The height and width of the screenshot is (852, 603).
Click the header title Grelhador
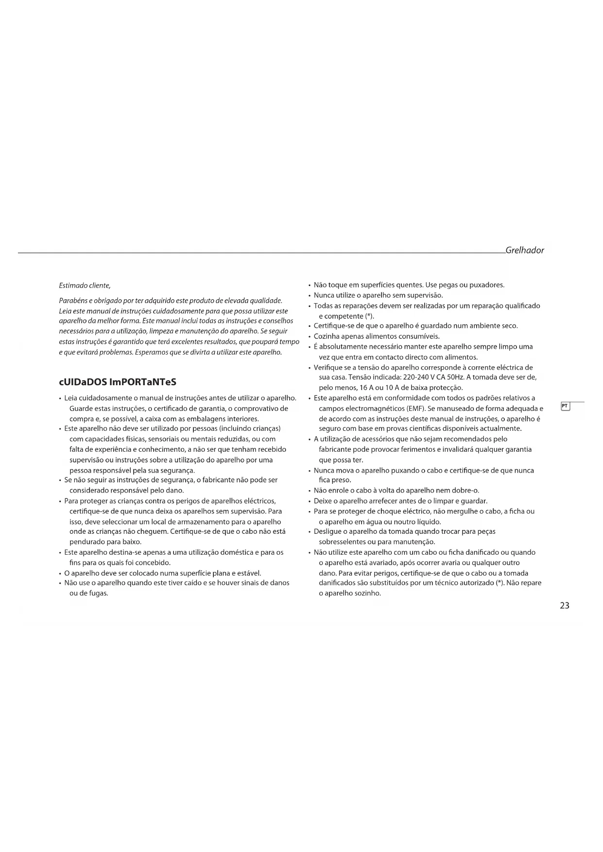[x=524, y=251]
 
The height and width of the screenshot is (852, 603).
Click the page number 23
[x=564, y=606]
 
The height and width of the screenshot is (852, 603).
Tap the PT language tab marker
[x=565, y=406]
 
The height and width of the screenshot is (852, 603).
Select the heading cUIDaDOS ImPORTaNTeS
[x=117, y=382]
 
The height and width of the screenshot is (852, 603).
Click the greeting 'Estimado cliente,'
[x=85, y=285]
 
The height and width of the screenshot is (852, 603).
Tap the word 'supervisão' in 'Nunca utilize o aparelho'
[x=425, y=295]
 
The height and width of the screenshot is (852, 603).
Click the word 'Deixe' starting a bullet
[x=322, y=501]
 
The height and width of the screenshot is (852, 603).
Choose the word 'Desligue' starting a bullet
[x=327, y=532]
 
